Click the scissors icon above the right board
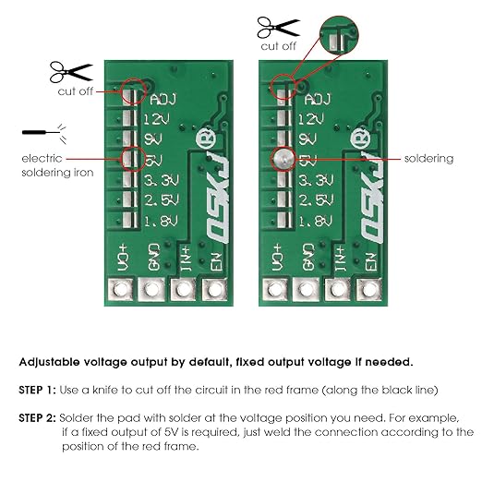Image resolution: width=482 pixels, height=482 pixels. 278,28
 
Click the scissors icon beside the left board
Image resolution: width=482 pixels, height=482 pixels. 71,72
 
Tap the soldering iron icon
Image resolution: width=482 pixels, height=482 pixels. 44,133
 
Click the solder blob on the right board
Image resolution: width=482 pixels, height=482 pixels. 283,160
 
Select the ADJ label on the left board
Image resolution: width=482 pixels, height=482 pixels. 163,100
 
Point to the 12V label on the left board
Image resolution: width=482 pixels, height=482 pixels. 156,119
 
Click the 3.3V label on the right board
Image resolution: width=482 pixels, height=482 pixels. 316,180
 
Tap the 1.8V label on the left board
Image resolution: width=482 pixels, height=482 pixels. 162,221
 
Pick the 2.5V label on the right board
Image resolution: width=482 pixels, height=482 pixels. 316,200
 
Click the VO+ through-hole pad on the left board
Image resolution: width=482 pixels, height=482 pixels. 120,289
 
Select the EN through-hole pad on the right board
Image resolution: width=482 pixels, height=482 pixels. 369,289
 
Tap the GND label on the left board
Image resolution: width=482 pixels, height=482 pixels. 153,258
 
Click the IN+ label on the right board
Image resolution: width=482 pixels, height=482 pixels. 340,259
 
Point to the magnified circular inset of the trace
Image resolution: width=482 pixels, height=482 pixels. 339,35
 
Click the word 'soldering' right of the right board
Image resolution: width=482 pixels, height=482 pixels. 428,159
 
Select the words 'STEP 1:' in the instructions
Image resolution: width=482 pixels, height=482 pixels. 37,390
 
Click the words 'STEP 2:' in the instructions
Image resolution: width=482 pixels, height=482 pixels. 37,418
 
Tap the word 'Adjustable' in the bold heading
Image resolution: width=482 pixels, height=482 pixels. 50,362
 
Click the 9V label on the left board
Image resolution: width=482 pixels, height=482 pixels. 153,139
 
